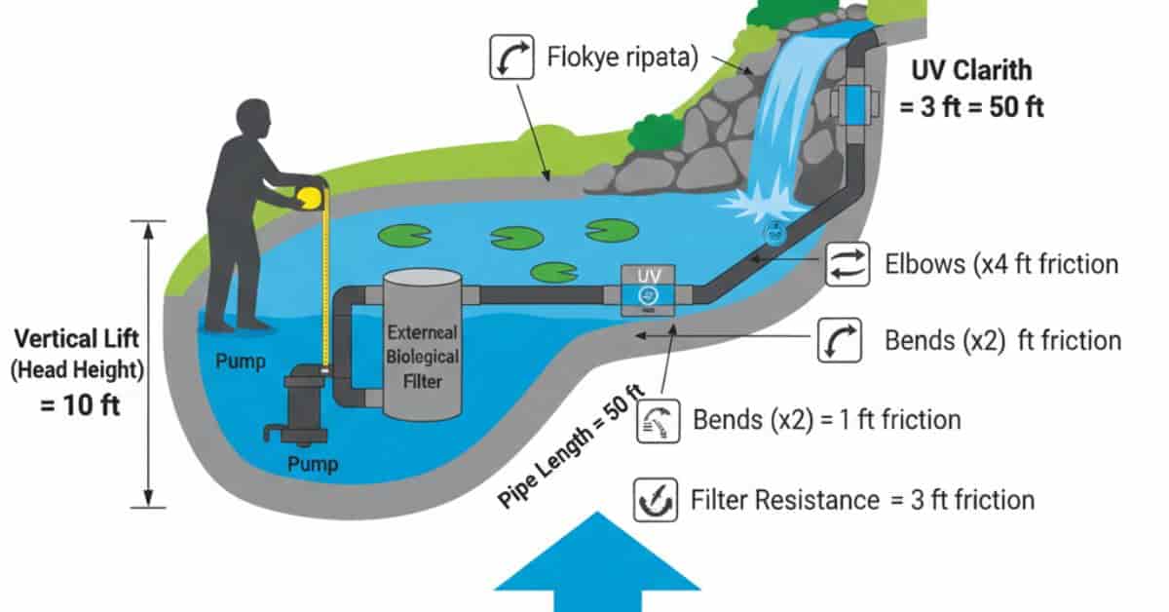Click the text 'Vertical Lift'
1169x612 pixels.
pos(77,339)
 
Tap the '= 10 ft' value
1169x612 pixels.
pos(80,403)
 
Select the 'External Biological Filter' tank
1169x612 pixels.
pos(422,346)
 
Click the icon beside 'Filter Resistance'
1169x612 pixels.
pos(653,500)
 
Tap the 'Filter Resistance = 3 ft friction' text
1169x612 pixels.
pos(862,501)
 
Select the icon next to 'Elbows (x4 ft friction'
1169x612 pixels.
pos(847,264)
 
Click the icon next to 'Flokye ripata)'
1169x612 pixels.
pos(511,58)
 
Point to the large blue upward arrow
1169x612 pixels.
pos(597,560)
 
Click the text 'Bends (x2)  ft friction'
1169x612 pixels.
pos(1002,341)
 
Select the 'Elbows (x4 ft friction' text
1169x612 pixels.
pos(1000,264)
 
